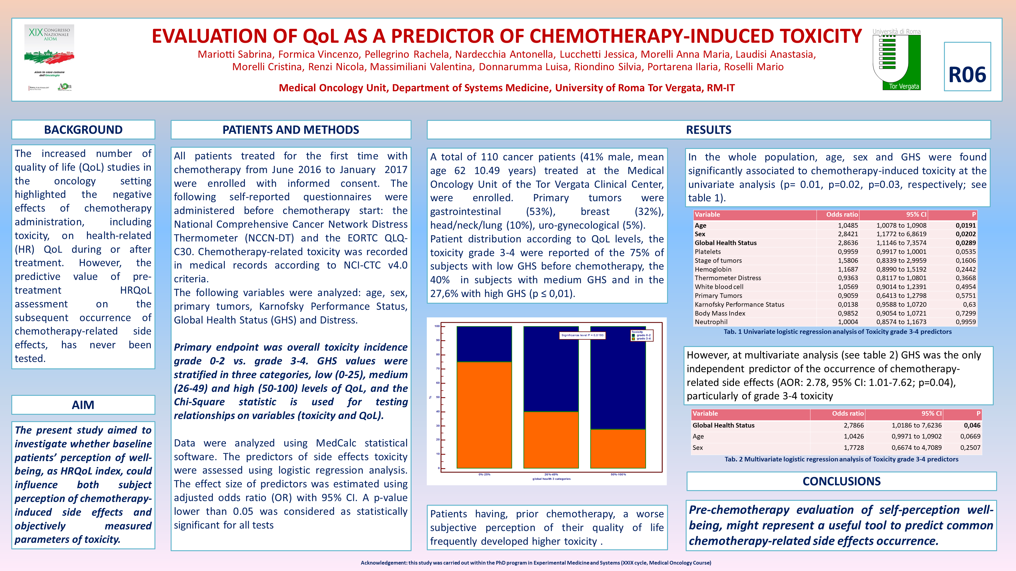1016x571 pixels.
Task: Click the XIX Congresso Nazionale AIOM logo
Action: (49, 58)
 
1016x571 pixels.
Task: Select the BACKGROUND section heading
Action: (83, 130)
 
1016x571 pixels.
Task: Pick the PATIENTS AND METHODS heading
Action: (291, 130)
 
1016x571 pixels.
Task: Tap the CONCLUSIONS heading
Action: (841, 482)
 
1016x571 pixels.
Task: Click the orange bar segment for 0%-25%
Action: (484, 414)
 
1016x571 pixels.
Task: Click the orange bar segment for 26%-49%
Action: (551, 440)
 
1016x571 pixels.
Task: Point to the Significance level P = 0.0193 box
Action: (582, 335)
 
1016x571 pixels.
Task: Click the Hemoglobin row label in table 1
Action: (713, 269)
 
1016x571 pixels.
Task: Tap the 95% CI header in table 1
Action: (916, 215)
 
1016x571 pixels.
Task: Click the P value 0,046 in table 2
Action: (971, 425)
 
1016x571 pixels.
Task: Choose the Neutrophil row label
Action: (711, 322)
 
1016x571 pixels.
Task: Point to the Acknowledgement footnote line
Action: (535, 563)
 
